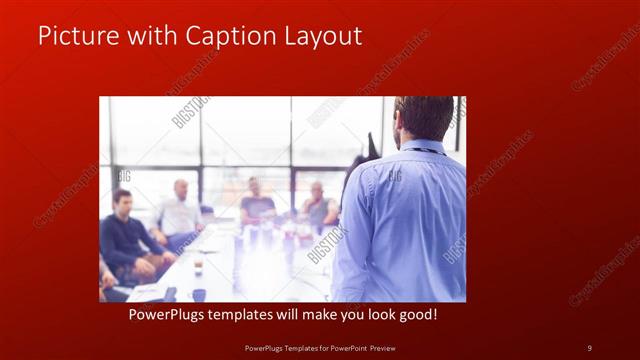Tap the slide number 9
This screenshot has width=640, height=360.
coord(589,347)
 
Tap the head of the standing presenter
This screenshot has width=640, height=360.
coord(423,118)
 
